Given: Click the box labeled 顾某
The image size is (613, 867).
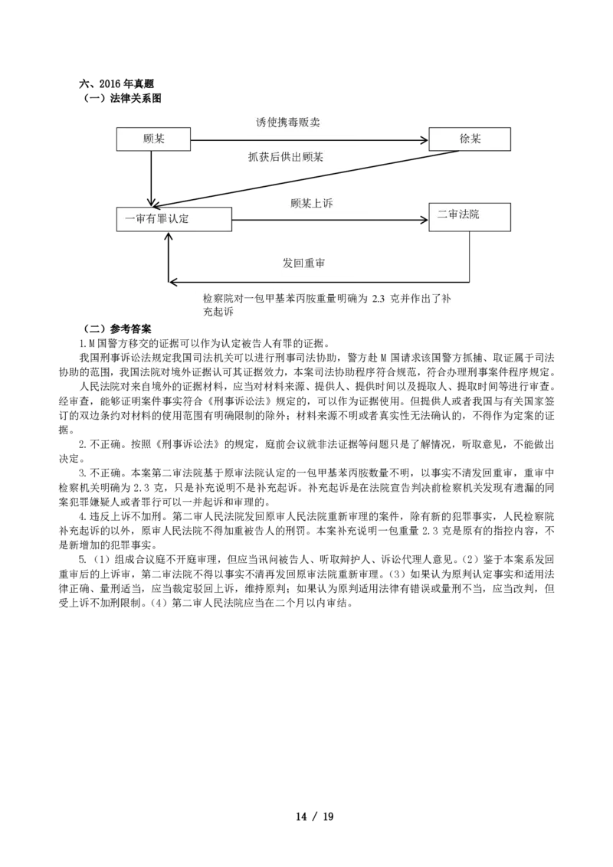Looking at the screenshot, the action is (x=153, y=139).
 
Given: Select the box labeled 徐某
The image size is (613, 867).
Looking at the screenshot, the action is (x=470, y=139).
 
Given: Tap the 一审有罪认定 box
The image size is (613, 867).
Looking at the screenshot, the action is (x=174, y=219).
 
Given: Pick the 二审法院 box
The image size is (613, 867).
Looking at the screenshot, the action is (x=470, y=217).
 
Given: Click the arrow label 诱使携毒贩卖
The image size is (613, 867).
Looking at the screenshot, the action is (x=287, y=123).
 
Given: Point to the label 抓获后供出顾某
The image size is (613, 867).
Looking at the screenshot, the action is (x=286, y=157).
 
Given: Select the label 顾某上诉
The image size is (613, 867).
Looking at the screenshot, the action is (x=311, y=204).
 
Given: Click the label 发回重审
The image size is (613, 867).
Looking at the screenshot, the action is (x=303, y=263).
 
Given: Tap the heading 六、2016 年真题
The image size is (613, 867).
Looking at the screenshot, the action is (x=116, y=84).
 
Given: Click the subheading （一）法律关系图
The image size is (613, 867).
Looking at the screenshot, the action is (x=123, y=99).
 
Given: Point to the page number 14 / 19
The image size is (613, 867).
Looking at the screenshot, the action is (x=315, y=816).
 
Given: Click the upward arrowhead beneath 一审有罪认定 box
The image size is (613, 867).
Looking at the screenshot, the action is (x=169, y=236).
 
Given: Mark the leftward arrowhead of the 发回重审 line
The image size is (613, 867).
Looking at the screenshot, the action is (x=172, y=282).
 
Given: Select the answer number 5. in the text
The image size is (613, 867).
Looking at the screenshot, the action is (x=83, y=560).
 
